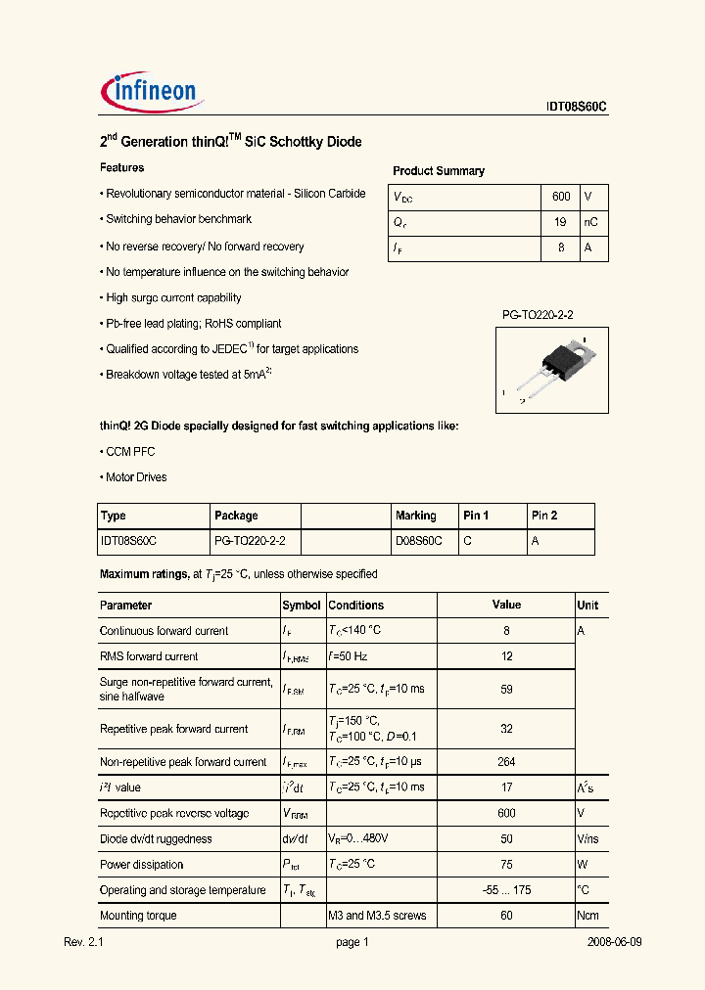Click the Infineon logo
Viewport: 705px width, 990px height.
pos(152,94)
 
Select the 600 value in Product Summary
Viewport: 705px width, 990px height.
pos(560,197)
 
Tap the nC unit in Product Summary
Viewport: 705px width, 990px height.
pos(590,222)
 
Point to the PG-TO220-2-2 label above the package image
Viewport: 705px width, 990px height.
pos(537,314)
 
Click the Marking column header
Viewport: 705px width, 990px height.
pos(415,516)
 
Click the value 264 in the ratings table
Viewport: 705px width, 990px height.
pos(506,762)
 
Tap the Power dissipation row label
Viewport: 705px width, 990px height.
pos(141,865)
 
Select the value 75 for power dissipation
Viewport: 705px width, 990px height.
pos(506,865)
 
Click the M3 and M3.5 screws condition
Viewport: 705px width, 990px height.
pos(377,916)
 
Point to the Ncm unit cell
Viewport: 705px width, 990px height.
pos(587,916)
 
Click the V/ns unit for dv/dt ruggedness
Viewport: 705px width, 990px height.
pos(587,839)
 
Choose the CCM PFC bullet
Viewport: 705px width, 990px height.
pos(129,452)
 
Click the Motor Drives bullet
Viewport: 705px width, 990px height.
pos(135,477)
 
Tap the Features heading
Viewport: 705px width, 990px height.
pos(122,168)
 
